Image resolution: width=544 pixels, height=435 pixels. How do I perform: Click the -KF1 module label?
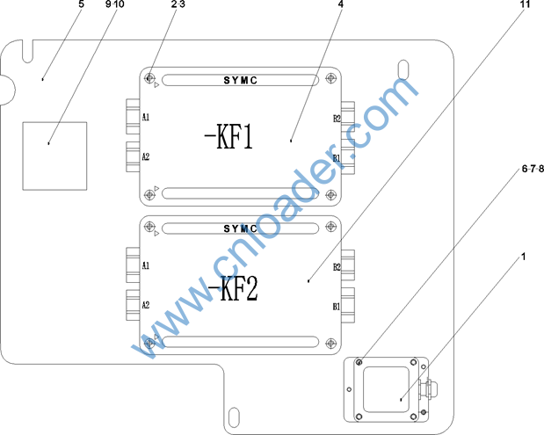[228, 136]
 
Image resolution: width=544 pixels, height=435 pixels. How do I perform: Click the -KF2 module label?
[232, 288]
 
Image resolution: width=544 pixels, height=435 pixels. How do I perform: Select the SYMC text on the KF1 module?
[241, 81]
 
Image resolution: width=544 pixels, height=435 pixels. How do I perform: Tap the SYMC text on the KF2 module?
[241, 229]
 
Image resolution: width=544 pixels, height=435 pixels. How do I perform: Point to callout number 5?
[81, 4]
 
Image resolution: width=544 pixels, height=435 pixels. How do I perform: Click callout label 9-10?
[114, 4]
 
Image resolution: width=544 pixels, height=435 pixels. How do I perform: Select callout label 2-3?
[178, 4]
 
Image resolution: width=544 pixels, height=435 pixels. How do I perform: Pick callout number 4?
[341, 4]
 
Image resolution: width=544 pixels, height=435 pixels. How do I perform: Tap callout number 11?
[526, 4]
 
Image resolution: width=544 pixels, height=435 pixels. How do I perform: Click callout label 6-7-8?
[533, 169]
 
